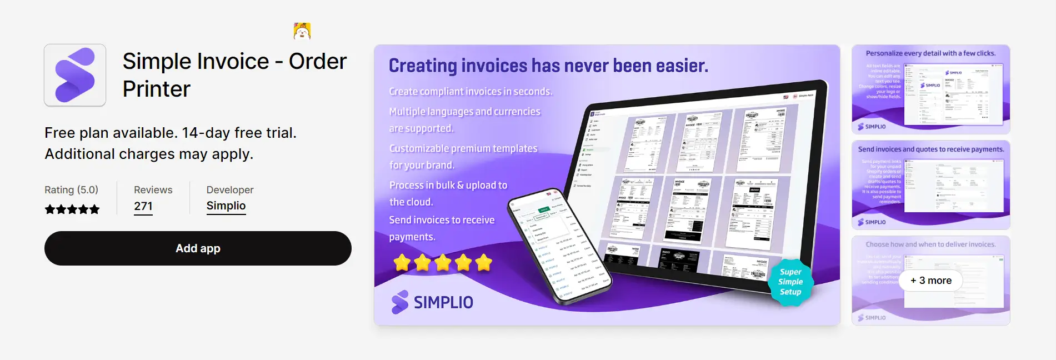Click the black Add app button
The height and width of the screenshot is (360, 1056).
(198, 248)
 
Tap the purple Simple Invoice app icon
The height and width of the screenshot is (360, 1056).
(75, 75)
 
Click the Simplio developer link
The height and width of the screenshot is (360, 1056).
(226, 206)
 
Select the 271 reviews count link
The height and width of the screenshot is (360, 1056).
(143, 206)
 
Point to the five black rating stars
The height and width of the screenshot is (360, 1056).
(72, 209)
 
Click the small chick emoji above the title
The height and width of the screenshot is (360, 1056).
(302, 31)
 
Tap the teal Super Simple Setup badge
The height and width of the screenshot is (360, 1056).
(790, 282)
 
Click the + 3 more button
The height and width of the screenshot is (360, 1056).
(930, 281)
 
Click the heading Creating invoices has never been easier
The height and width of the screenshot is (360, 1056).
(548, 66)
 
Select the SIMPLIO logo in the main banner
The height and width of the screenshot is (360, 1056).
(432, 302)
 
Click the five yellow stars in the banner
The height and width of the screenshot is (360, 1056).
(443, 262)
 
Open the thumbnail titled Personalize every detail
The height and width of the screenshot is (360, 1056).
(930, 89)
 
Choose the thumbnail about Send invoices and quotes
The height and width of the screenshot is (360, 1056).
(930, 185)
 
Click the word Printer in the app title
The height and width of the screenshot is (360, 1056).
(157, 89)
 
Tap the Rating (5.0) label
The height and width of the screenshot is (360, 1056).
(71, 190)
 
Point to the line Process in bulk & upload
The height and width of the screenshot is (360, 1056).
(448, 186)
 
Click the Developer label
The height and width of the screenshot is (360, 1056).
(230, 190)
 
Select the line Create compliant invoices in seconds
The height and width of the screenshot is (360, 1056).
(470, 92)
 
